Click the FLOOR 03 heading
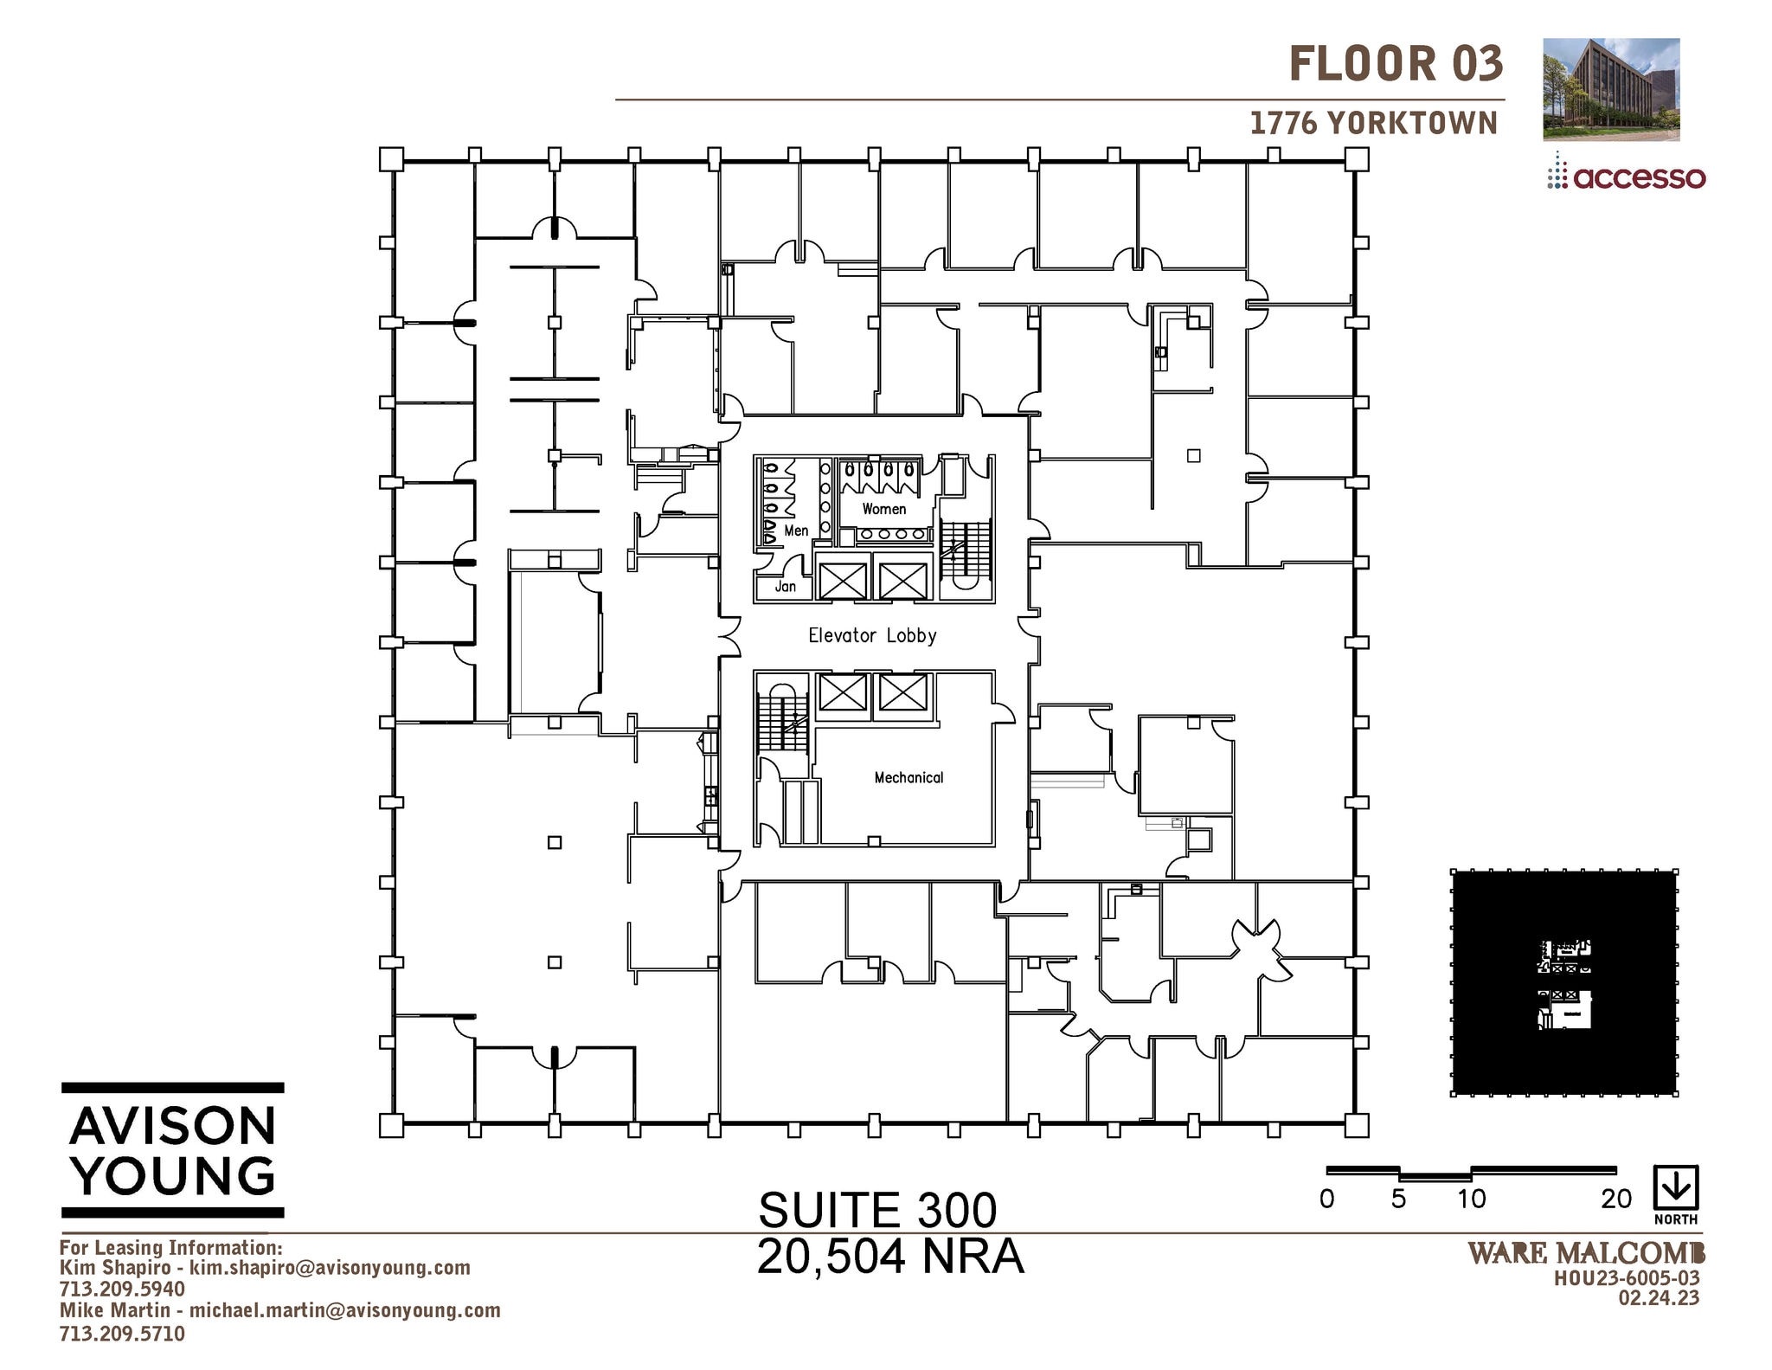(x=1396, y=64)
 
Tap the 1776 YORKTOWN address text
(x=1373, y=123)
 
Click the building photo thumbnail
(x=1611, y=89)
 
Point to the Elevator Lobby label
(x=872, y=635)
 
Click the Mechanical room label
(x=908, y=777)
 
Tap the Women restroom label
(x=883, y=509)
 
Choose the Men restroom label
(x=796, y=531)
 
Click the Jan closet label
(x=785, y=587)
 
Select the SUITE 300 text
(x=877, y=1210)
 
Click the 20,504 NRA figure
(x=889, y=1257)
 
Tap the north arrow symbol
(x=1676, y=1189)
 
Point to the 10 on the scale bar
(x=1471, y=1199)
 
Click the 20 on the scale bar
(x=1615, y=1199)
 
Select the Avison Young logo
(x=173, y=1150)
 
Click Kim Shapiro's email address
(x=330, y=1268)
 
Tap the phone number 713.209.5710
(x=122, y=1334)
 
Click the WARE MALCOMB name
(x=1586, y=1252)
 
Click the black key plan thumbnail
(x=1564, y=983)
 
